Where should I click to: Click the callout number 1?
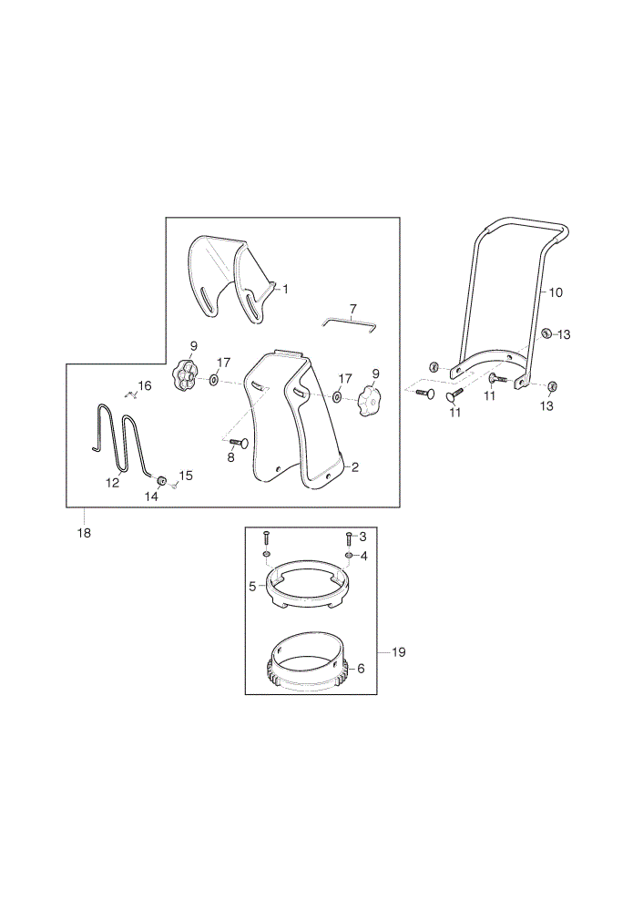[x=285, y=289]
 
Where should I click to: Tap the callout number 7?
[x=352, y=309]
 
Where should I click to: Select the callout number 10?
[x=556, y=292]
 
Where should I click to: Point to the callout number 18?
[x=84, y=533]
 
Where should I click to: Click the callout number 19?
[x=399, y=652]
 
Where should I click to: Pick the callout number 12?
[x=113, y=483]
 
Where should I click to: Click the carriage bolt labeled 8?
[x=240, y=444]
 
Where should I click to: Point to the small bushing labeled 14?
[x=162, y=480]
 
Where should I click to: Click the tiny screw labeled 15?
[x=174, y=486]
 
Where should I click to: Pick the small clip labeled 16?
[x=131, y=394]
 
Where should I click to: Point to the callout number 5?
[x=252, y=587]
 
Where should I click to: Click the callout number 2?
[x=355, y=467]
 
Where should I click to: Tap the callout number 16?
[x=145, y=385]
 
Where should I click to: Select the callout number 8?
[x=230, y=457]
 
